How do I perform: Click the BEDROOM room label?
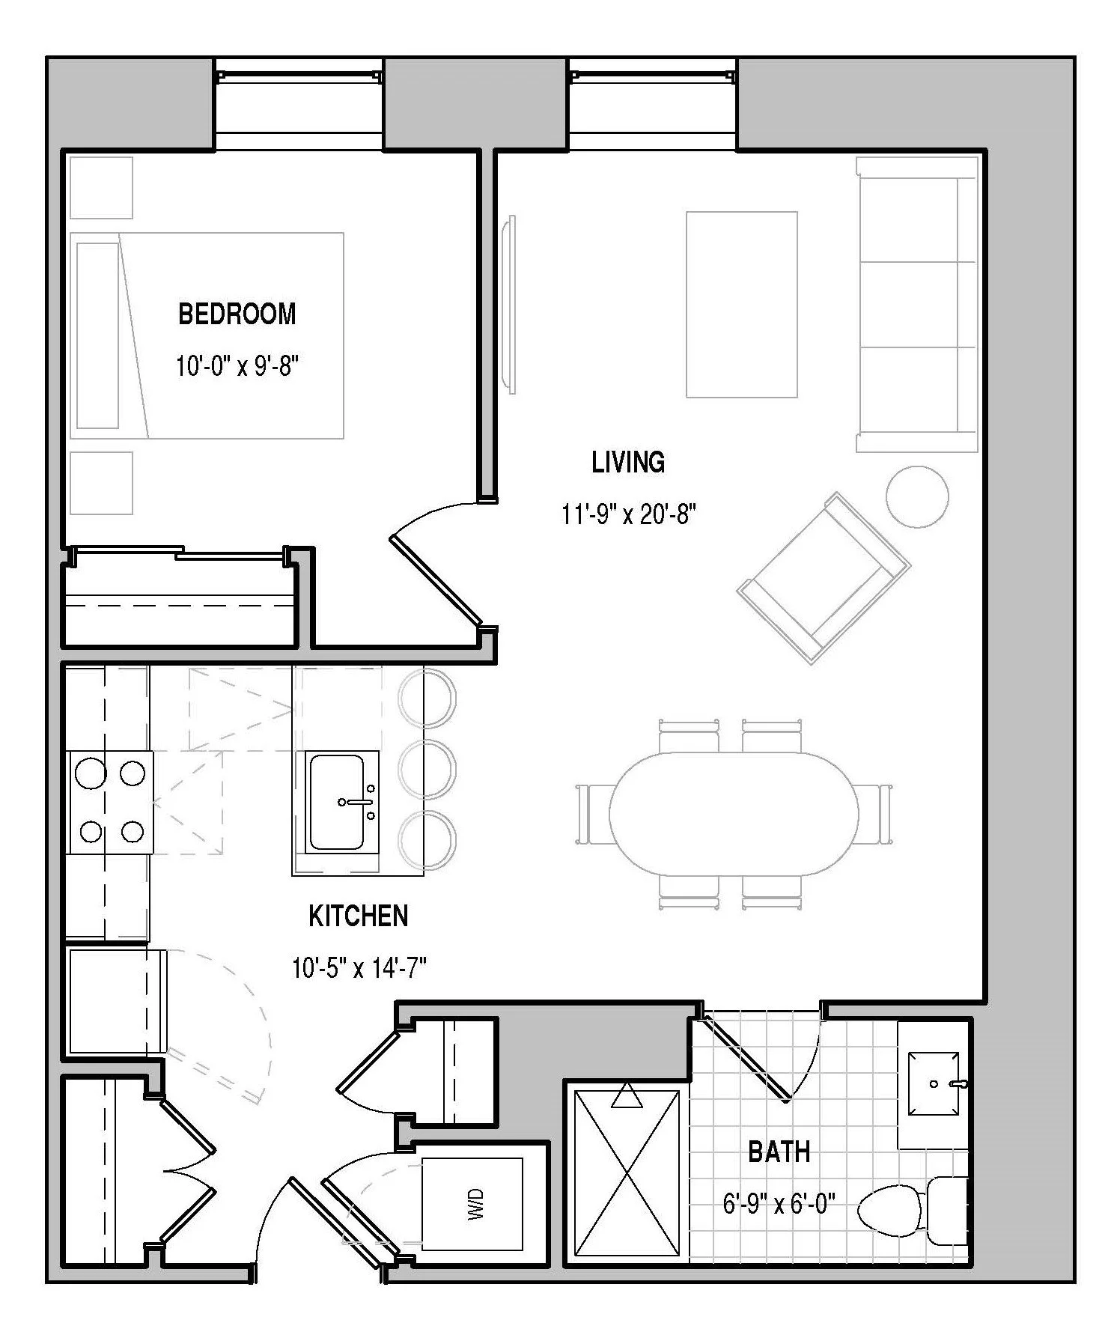(x=237, y=314)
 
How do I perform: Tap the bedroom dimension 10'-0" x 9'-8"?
(x=238, y=367)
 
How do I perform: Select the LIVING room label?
(x=628, y=462)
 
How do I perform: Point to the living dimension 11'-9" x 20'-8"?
(x=629, y=514)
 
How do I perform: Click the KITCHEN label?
(x=359, y=916)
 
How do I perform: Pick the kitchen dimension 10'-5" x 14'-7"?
(x=359, y=969)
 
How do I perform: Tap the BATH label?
(x=779, y=1152)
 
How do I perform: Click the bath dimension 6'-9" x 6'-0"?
(x=779, y=1205)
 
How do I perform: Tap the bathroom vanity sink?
(x=934, y=1083)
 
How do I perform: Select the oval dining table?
(x=733, y=813)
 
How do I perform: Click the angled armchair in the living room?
(x=824, y=577)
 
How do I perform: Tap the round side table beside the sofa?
(x=917, y=496)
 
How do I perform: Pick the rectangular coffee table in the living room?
(x=741, y=304)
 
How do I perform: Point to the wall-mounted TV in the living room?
(x=509, y=304)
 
